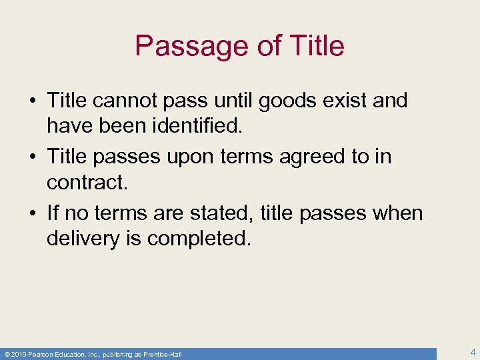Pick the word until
click(x=231, y=101)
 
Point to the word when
click(x=397, y=214)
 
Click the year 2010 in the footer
click(x=18, y=354)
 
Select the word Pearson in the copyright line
click(x=41, y=354)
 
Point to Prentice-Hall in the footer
click(x=163, y=354)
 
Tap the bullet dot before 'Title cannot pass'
click(x=33, y=101)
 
